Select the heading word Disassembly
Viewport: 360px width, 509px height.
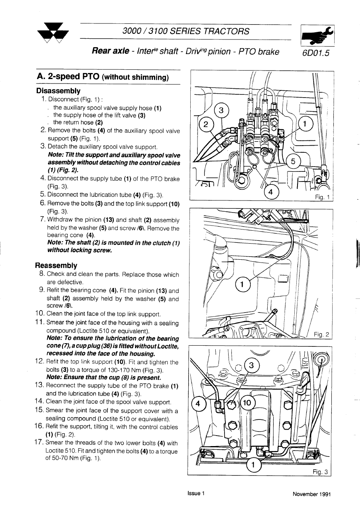coord(58,91)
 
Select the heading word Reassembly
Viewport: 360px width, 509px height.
coord(56,266)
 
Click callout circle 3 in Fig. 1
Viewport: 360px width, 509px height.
coord(221,111)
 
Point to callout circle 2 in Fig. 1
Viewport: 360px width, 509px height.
coord(206,124)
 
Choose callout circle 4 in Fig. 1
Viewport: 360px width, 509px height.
coord(271,192)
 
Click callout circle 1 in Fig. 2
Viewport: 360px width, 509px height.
coord(242,285)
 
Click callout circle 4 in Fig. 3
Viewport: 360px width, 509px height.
coord(198,403)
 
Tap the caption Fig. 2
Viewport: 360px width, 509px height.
coord(321,334)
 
